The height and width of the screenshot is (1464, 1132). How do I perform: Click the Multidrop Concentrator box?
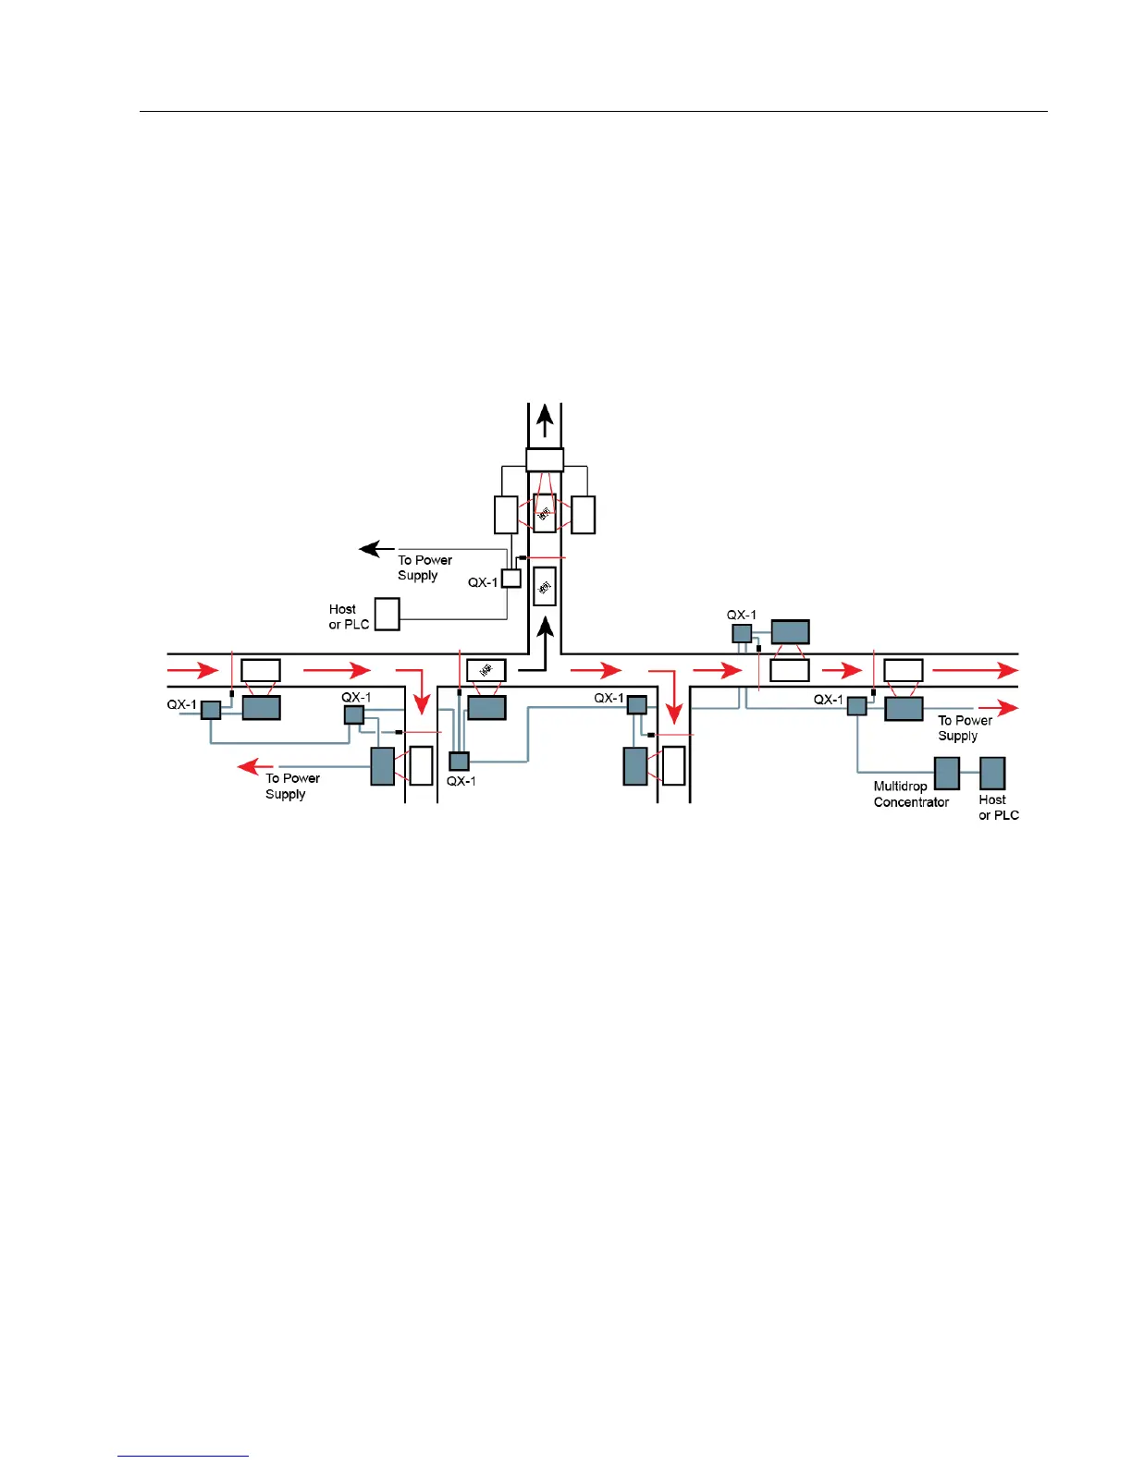(x=946, y=774)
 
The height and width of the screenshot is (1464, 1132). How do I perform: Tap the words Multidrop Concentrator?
(x=911, y=794)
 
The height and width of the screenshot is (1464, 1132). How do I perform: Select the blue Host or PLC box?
(x=992, y=774)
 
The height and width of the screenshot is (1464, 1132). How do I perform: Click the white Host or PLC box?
(x=387, y=614)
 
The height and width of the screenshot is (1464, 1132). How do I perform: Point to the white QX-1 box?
(x=511, y=579)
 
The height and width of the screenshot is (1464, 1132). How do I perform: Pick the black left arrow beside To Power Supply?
(x=376, y=550)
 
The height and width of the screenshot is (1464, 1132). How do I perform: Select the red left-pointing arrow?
(x=255, y=766)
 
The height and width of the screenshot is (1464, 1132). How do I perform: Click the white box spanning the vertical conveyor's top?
(x=545, y=460)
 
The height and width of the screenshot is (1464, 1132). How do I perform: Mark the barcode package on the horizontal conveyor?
(x=486, y=670)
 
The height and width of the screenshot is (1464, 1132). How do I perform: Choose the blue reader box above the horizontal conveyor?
(x=790, y=632)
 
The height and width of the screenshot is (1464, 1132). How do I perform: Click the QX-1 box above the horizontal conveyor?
(x=742, y=633)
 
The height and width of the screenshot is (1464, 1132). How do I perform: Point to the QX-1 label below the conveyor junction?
(x=461, y=781)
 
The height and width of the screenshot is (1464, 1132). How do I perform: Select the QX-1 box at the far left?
(x=211, y=710)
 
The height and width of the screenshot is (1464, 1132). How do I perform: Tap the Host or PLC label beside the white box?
(x=349, y=616)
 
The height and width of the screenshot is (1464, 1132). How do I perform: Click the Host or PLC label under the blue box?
(x=999, y=807)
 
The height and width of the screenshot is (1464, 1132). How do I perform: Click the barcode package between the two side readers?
(x=545, y=513)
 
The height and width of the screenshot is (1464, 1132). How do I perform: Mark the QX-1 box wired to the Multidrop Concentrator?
(x=856, y=706)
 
